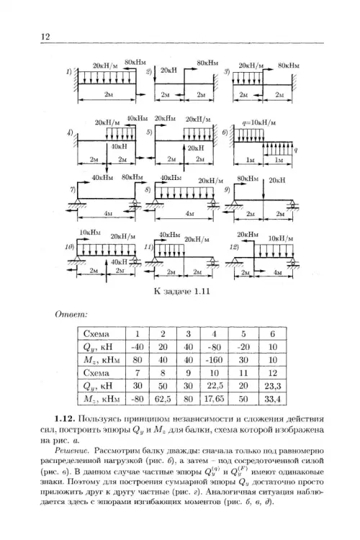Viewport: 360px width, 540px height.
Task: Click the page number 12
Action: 45,37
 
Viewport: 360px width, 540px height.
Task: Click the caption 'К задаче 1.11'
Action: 182,292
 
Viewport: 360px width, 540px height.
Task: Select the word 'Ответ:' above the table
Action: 71,315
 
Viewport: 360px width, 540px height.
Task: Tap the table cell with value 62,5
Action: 163,399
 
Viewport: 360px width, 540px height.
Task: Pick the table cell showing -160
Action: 215,360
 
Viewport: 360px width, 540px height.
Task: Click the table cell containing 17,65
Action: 214,399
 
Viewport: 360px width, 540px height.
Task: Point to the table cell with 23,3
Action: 272,386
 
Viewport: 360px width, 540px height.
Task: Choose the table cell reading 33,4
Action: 272,399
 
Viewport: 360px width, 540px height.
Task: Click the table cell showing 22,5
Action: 214,386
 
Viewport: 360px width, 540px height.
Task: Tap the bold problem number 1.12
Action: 64,419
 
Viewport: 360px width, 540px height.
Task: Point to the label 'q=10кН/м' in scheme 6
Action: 258,122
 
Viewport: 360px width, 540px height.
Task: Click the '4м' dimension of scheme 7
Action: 108,214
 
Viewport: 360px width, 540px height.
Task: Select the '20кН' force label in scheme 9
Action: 277,180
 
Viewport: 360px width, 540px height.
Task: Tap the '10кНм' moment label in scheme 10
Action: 90,232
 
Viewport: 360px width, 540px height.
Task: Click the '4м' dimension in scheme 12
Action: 277,273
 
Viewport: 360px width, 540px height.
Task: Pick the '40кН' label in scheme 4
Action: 120,146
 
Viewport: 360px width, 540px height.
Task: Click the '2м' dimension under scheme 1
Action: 109,94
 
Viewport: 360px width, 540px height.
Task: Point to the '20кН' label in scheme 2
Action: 168,70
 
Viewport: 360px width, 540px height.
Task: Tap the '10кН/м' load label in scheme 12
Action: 281,238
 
